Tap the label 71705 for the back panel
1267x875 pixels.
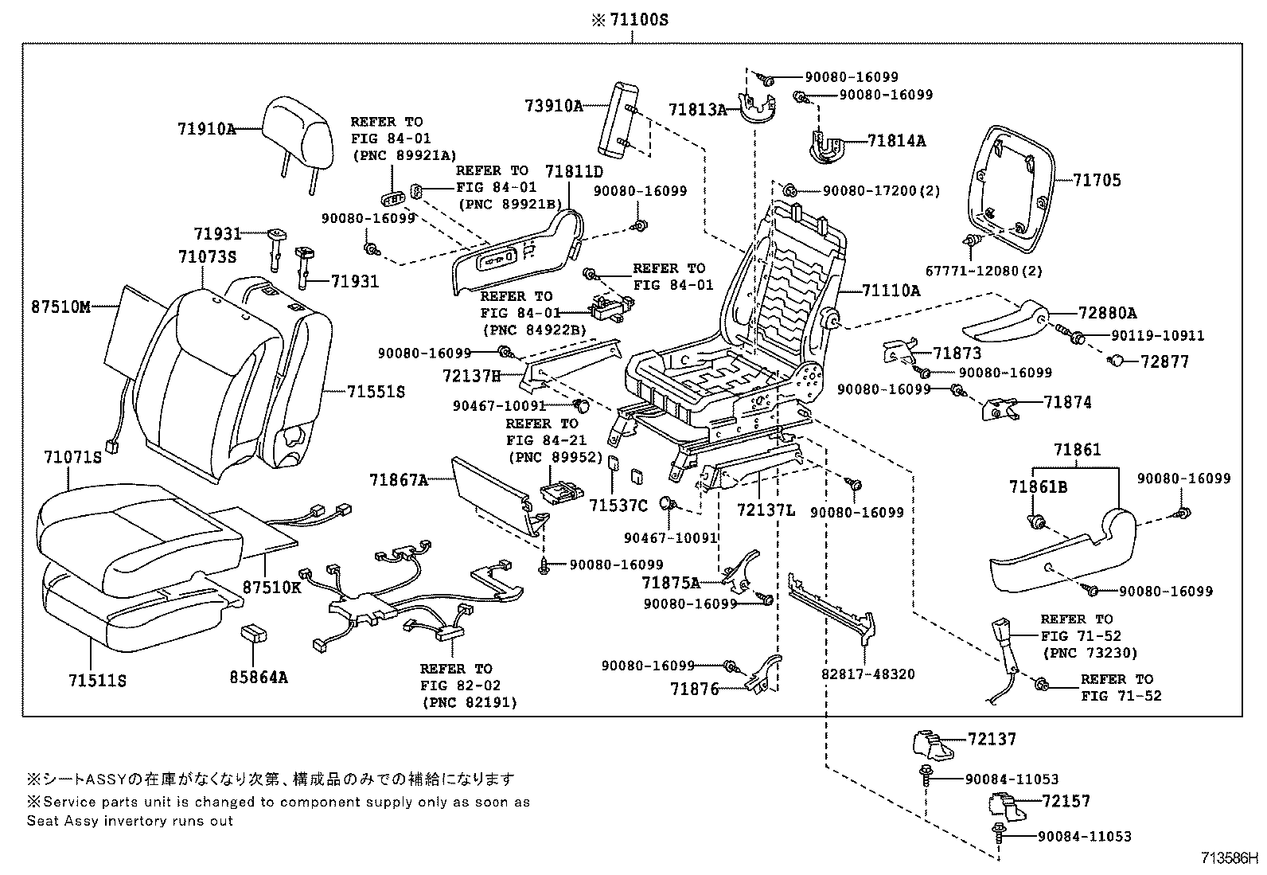click(1096, 181)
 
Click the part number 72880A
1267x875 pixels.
click(1108, 313)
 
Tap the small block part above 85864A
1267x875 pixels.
click(254, 633)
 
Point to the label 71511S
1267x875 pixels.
click(97, 682)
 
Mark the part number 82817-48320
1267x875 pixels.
click(867, 674)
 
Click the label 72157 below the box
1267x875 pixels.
click(1066, 801)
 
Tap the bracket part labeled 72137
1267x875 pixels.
click(933, 744)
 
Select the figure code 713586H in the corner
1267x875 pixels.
click(1230, 860)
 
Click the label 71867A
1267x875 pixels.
click(398, 479)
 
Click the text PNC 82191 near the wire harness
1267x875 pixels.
click(469, 702)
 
